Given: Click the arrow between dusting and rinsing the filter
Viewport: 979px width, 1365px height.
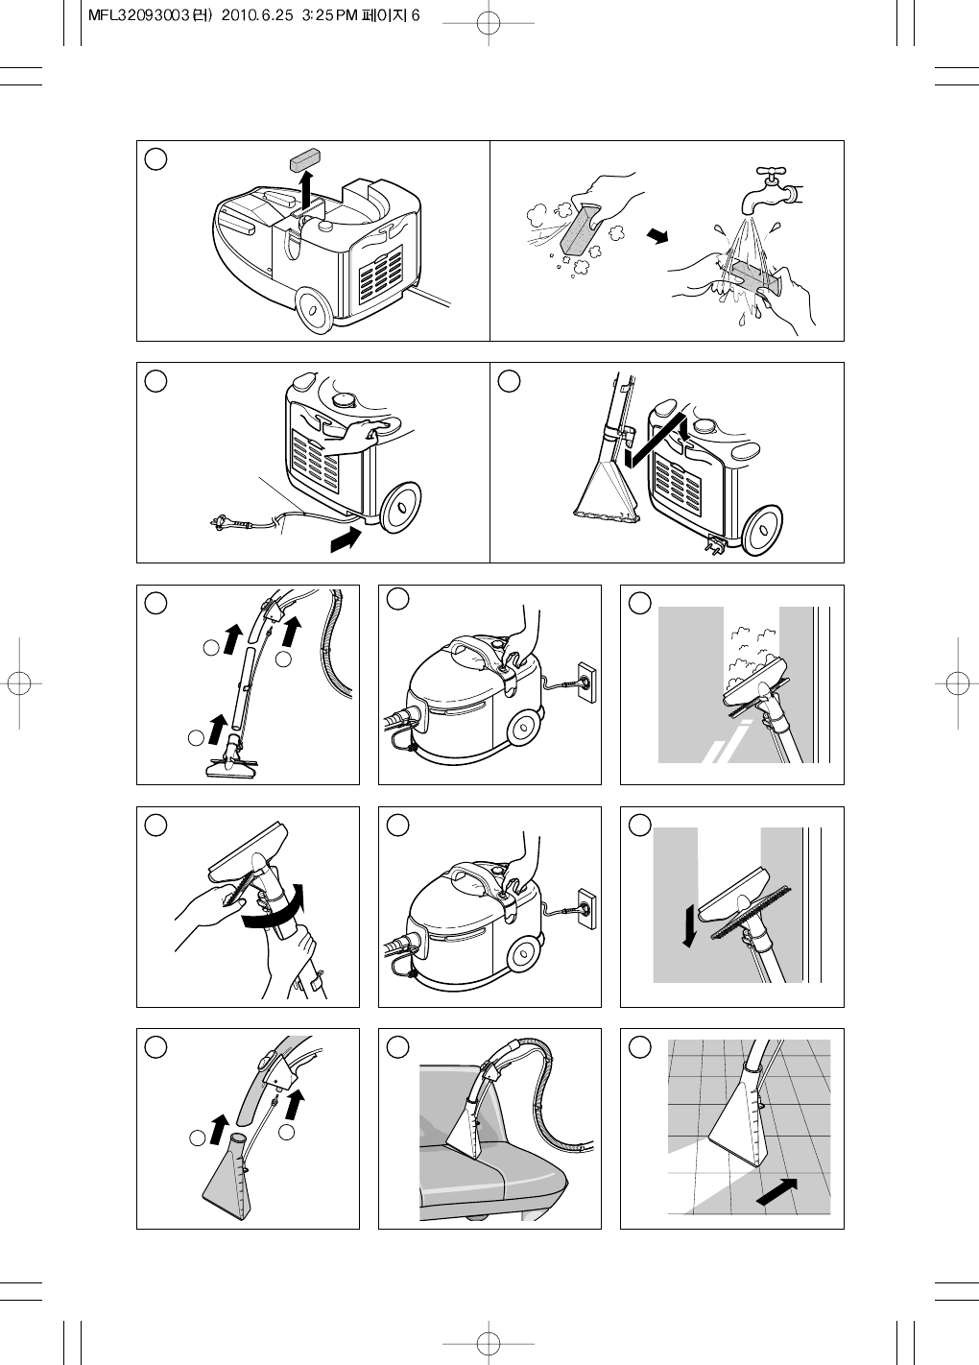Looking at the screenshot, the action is point(657,236).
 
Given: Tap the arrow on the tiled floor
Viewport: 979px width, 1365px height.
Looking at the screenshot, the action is point(776,1190).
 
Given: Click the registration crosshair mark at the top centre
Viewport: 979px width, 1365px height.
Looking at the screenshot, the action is point(489,23).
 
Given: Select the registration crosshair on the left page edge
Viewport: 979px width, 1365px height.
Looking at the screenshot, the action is point(19,683).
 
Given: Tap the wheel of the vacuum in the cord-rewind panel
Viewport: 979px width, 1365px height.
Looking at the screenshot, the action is point(399,507).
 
